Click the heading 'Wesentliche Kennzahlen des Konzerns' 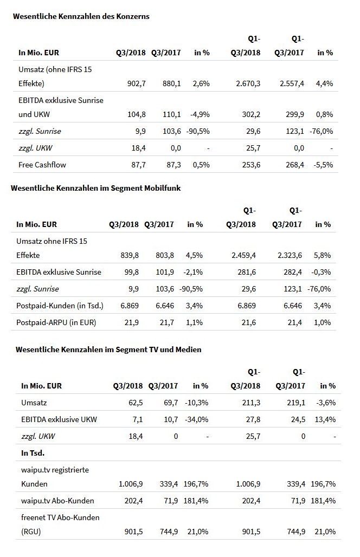[x=81, y=16]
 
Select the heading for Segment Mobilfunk [x=95, y=188]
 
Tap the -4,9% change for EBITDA [x=200, y=115]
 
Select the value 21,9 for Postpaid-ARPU [x=132, y=322]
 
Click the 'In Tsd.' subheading [x=33, y=452]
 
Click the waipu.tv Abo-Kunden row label [x=57, y=501]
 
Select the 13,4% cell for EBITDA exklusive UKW [x=325, y=419]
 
